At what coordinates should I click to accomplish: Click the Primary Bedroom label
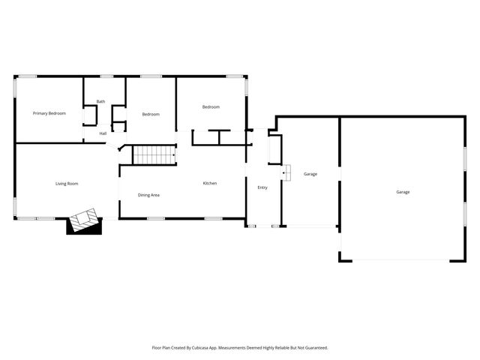[49, 113]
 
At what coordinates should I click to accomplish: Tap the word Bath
[100, 102]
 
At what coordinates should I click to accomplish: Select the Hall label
[103, 133]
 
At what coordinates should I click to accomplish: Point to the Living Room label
[67, 184]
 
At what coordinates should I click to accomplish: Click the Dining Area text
[148, 195]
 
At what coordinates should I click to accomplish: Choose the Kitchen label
[210, 184]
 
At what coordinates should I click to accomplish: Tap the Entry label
[262, 187]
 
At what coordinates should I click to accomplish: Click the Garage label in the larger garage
[403, 192]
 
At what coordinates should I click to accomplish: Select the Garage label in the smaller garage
[310, 174]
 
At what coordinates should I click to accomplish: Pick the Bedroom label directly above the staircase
[151, 114]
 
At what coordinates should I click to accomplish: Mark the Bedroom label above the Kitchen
[211, 107]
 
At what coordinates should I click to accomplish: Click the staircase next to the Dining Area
[153, 155]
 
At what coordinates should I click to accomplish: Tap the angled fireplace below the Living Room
[84, 222]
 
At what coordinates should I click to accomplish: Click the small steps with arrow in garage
[286, 173]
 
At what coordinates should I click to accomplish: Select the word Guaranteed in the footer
[313, 348]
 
